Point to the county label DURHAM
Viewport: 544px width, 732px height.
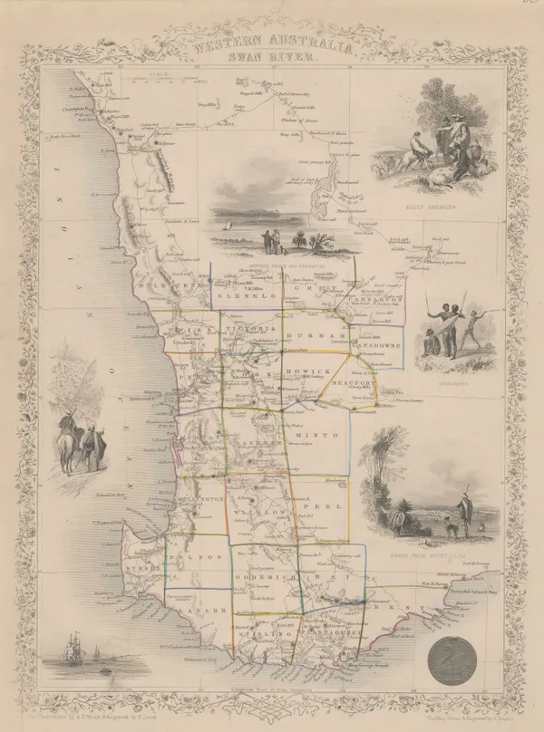pos(309,335)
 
